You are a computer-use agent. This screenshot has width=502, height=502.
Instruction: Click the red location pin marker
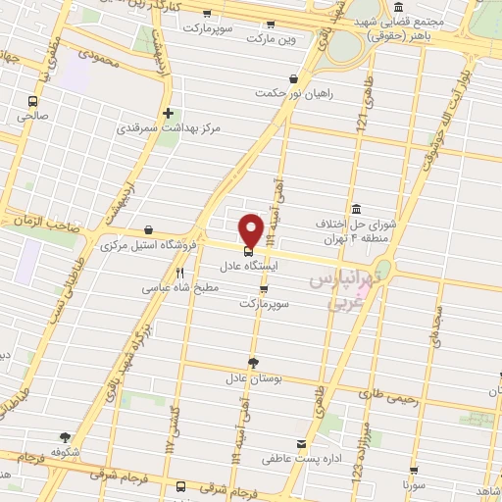[251, 229]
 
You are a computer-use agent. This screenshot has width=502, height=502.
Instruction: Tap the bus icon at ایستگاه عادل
[246, 247]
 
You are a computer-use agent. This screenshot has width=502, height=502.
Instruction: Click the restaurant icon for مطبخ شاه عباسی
[179, 273]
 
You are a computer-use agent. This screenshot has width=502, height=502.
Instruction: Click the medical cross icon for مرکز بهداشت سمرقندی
[169, 113]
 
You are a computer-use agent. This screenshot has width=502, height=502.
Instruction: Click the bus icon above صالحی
[33, 100]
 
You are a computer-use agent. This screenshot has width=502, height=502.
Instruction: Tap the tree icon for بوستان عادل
[253, 361]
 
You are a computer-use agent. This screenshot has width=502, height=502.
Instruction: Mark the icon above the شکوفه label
[66, 437]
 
